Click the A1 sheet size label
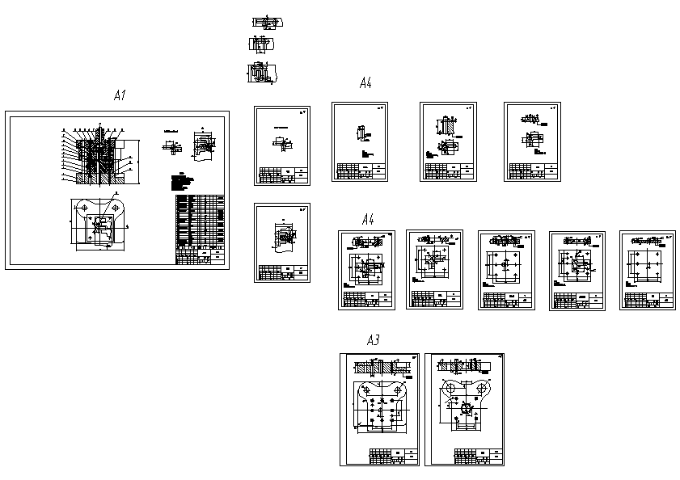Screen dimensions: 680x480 point(120,96)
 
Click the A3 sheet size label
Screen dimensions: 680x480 point(373,341)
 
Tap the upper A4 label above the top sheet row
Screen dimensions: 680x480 point(365,83)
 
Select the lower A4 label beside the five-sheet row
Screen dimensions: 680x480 point(368,219)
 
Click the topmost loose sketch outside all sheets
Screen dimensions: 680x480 point(267,23)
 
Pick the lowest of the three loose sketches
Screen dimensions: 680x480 point(261,74)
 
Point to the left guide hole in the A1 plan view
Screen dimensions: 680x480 point(84,208)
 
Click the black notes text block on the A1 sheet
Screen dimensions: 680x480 point(184,183)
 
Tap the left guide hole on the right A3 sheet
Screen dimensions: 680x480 point(451,389)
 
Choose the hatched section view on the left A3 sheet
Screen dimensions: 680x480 point(380,368)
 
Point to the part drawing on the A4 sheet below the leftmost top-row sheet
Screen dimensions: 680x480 point(283,236)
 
